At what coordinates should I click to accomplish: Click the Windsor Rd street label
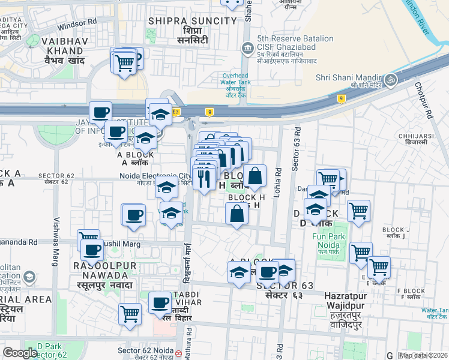(x=77, y=25)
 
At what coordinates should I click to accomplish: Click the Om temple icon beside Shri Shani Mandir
(x=391, y=79)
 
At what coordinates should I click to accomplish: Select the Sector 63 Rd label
(x=295, y=150)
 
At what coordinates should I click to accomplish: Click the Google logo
(x=20, y=353)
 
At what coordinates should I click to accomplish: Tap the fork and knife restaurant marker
(x=205, y=178)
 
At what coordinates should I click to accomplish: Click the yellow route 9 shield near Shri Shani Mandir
(x=340, y=98)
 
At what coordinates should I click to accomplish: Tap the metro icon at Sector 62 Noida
(x=179, y=353)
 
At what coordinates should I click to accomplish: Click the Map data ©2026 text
(x=423, y=355)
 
